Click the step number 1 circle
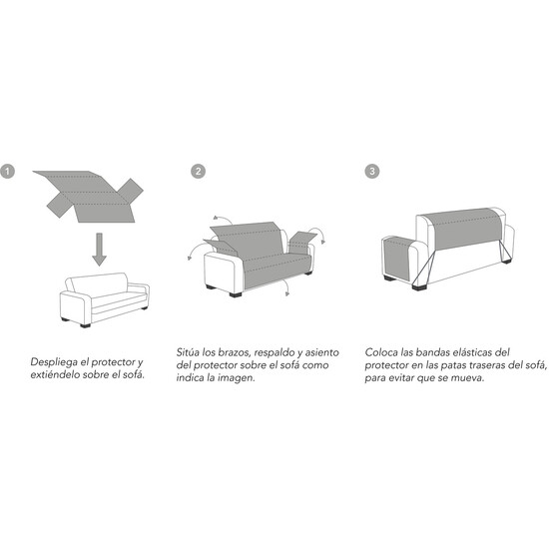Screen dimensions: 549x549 tap(7, 172)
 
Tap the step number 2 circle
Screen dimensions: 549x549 tap(199, 172)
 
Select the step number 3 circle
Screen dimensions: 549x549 tap(372, 172)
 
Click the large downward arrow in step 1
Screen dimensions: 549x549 tap(100, 249)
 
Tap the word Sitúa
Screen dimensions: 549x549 tap(188, 352)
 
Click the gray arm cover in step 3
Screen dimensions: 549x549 tap(397, 259)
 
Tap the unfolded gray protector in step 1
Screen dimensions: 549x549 tap(88, 196)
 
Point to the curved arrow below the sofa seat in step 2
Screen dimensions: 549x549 tap(285, 286)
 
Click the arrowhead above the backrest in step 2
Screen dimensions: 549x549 tap(215, 218)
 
